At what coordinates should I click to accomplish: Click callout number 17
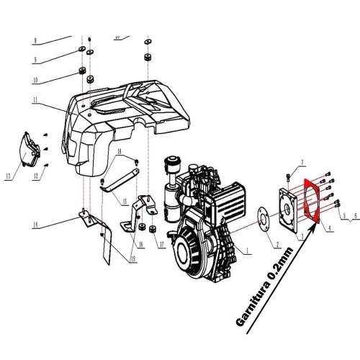click(x=162, y=244)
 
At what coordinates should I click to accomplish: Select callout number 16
click(x=140, y=244)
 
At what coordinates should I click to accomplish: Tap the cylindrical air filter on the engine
click(x=174, y=195)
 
